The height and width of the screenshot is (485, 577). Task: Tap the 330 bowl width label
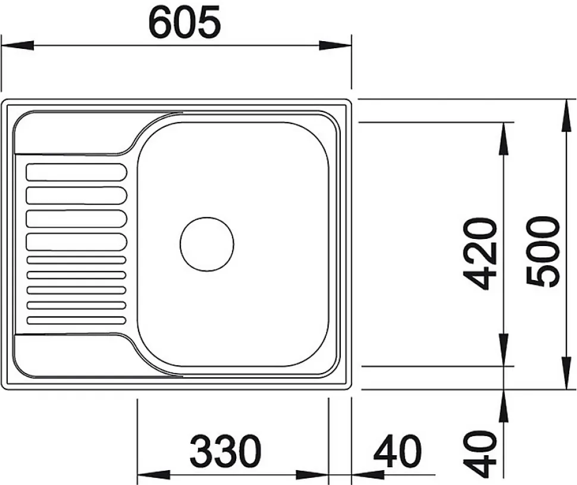(x=225, y=450)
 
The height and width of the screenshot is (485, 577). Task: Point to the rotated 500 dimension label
(x=543, y=253)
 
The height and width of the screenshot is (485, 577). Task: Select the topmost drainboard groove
(x=77, y=172)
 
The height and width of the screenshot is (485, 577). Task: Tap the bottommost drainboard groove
(x=77, y=321)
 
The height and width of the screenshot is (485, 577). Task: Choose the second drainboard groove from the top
(x=77, y=195)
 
